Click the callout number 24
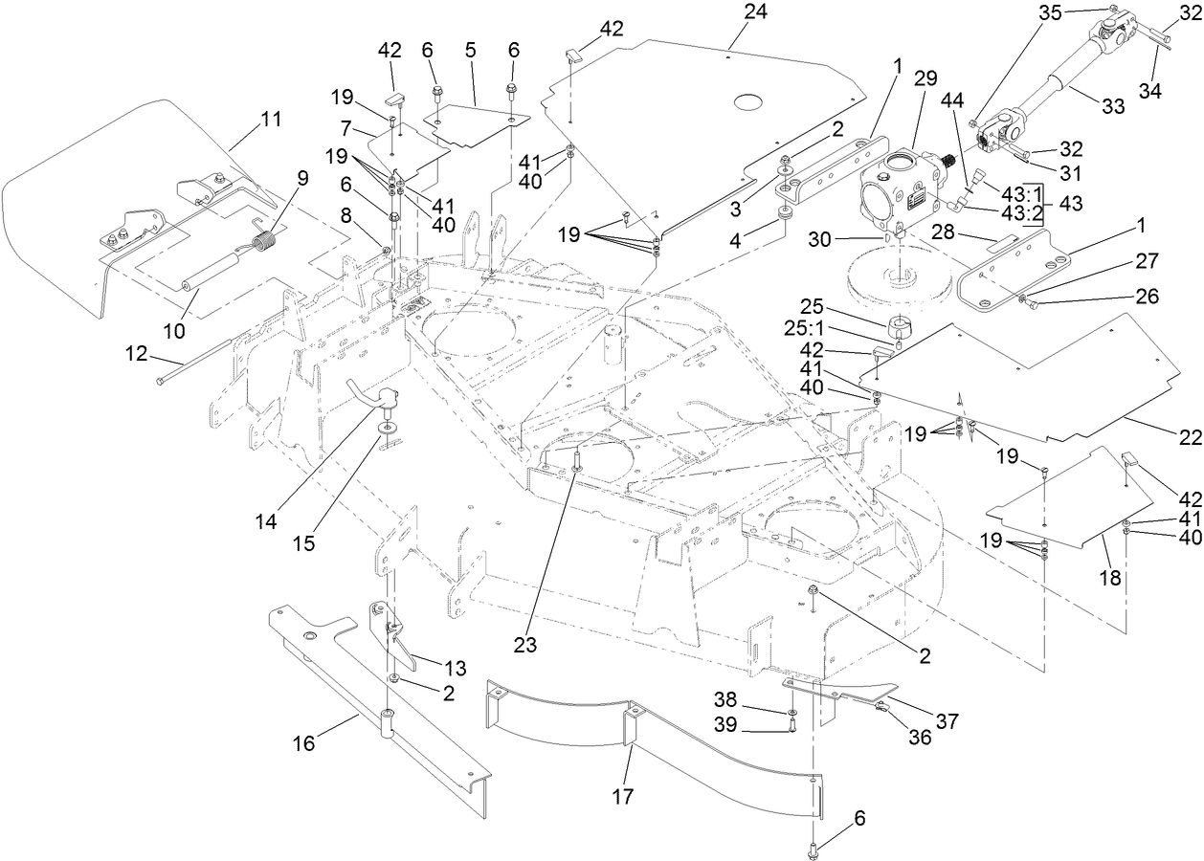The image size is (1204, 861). [755, 11]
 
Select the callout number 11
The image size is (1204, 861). [271, 120]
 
